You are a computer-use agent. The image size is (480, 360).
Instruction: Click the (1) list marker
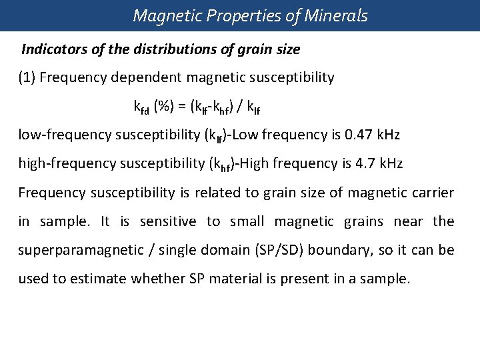tap(27, 77)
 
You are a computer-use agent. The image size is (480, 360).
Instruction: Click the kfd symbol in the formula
tap(141, 107)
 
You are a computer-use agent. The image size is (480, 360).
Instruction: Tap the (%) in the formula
tap(165, 106)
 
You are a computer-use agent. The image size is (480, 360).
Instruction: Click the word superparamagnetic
tap(77, 250)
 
